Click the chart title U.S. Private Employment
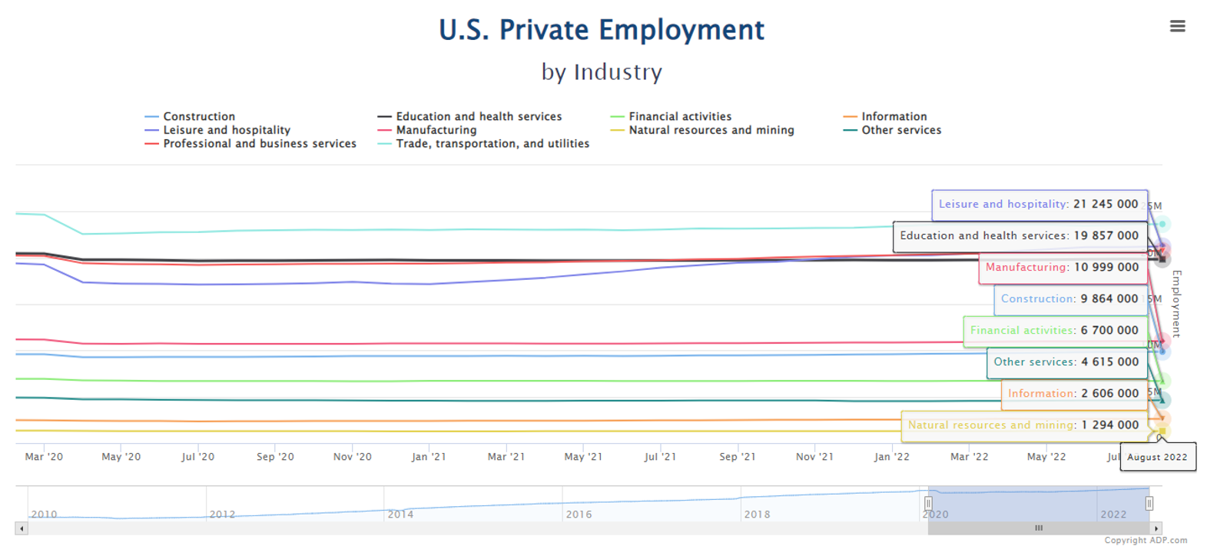point(602,30)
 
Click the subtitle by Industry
point(602,72)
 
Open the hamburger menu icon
point(1177,26)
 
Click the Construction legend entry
point(198,117)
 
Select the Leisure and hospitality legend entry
point(226,131)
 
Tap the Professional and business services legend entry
point(259,144)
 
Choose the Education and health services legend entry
point(478,117)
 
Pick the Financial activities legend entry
point(679,117)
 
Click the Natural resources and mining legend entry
point(711,131)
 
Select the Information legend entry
point(894,117)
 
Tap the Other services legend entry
point(900,131)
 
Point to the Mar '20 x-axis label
point(44,457)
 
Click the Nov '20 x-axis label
point(352,457)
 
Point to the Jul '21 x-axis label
point(660,457)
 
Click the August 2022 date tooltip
point(1157,457)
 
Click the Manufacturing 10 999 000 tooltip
point(1062,268)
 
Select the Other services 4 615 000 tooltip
point(1066,362)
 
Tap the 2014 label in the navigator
point(400,515)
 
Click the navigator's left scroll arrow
point(22,528)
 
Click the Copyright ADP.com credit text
point(1145,541)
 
